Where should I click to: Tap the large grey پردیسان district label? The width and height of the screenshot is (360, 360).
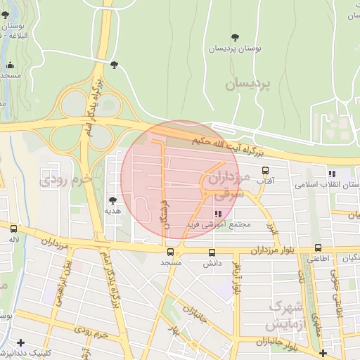click(247, 84)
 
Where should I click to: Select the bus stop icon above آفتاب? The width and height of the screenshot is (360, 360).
click(265, 170)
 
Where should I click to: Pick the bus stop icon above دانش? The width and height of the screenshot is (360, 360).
click(212, 252)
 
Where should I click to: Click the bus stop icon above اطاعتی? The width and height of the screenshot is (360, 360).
click(318, 247)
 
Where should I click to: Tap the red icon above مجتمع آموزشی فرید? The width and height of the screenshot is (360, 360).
click(217, 214)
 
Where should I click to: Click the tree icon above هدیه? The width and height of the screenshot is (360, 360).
click(112, 200)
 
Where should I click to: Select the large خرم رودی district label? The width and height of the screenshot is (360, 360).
click(67, 179)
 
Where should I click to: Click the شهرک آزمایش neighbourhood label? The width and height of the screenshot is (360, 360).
click(285, 316)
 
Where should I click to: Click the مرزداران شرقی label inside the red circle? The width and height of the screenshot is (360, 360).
click(226, 184)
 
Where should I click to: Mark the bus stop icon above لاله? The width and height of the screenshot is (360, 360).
click(13, 229)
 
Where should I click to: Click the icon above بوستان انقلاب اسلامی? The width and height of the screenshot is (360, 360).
click(332, 173)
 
